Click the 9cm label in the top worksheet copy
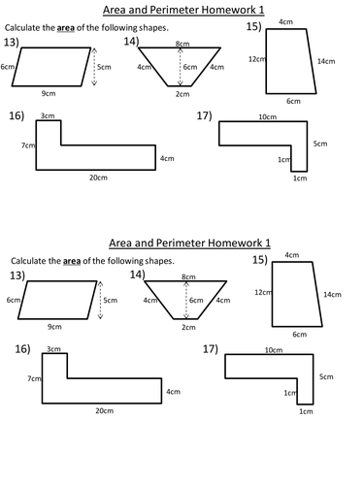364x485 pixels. coord(47,93)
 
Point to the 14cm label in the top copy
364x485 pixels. coord(326,61)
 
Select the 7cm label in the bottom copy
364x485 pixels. coord(33,378)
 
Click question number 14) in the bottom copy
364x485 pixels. coord(138,275)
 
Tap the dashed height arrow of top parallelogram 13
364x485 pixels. coord(93,68)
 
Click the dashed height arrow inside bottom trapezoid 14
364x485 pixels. coord(182,301)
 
